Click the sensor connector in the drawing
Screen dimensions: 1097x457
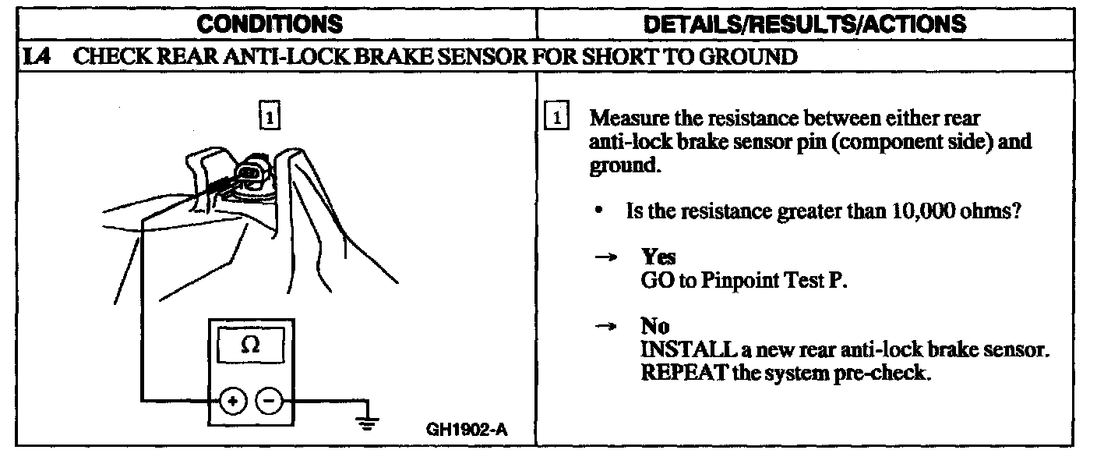pyautogui.click(x=251, y=173)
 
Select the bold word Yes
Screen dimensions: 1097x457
pyautogui.click(x=658, y=257)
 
